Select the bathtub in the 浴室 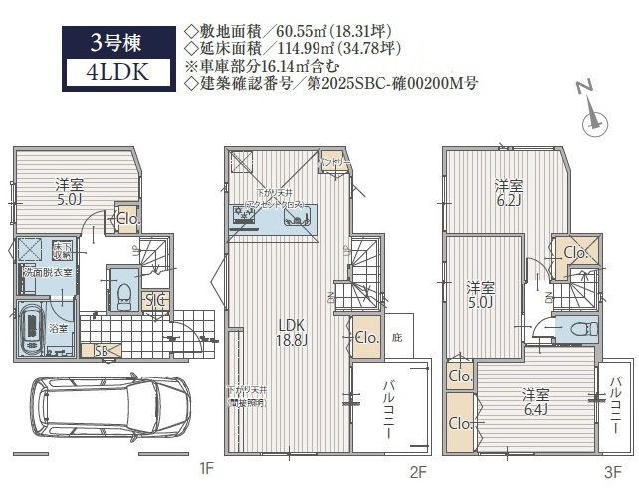pyautogui.click(x=33, y=325)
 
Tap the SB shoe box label pyautogui.click(x=102, y=350)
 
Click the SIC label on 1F pyautogui.click(x=155, y=300)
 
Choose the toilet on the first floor pyautogui.click(x=124, y=290)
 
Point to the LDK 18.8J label pyautogui.click(x=291, y=331)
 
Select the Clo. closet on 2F pyautogui.click(x=363, y=337)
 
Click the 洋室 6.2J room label pyautogui.click(x=509, y=192)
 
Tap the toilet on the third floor pyautogui.click(x=576, y=329)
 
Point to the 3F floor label pyautogui.click(x=612, y=471)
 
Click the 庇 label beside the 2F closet pyautogui.click(x=396, y=337)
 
